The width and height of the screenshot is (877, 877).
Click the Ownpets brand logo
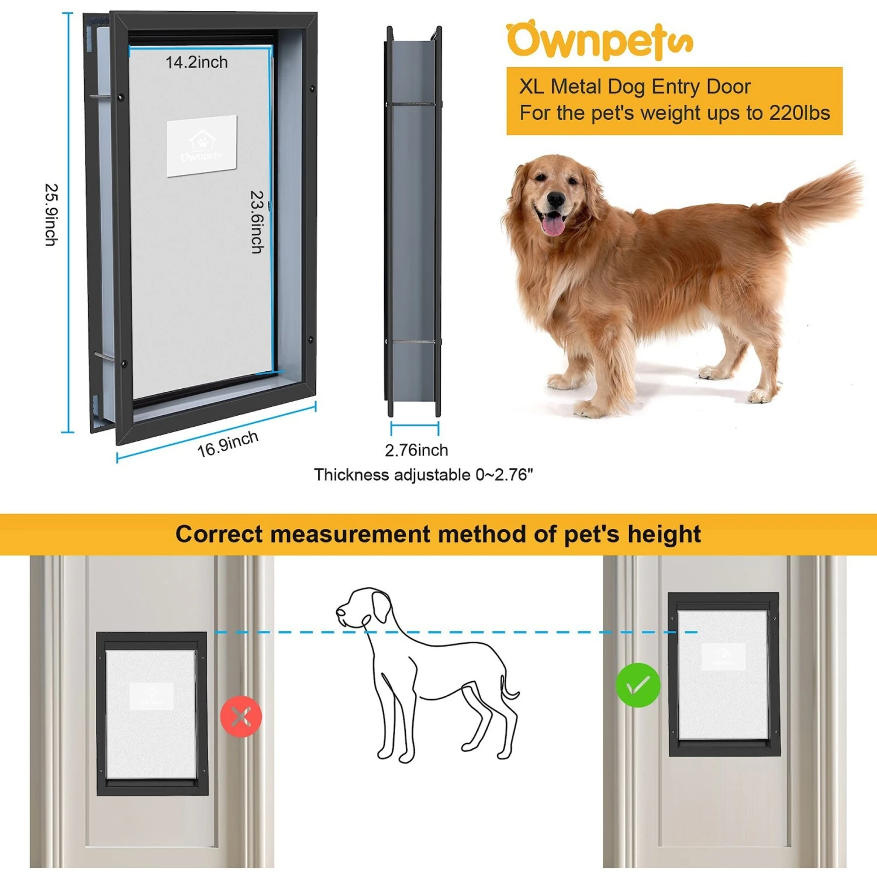pyautogui.click(x=599, y=41)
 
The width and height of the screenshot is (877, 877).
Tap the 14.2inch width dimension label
pyautogui.click(x=196, y=63)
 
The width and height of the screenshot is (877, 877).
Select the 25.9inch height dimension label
pyautogui.click(x=51, y=215)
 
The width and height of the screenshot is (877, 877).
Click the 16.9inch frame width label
pyautogui.click(x=227, y=445)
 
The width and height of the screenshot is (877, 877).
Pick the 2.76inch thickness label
pyautogui.click(x=416, y=450)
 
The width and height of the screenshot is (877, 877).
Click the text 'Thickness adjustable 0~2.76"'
pyautogui.click(x=423, y=475)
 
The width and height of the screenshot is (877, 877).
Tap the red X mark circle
pyautogui.click(x=241, y=716)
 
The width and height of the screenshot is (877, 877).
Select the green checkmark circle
pyautogui.click(x=638, y=685)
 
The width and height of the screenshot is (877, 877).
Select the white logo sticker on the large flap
pyautogui.click(x=202, y=146)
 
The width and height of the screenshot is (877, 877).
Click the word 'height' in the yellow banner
pyautogui.click(x=664, y=534)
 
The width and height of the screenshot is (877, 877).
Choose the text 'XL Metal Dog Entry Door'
pyautogui.click(x=634, y=87)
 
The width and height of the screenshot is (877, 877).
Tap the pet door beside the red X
pyautogui.click(x=152, y=713)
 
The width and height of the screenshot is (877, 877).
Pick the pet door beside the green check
pyautogui.click(x=724, y=674)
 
